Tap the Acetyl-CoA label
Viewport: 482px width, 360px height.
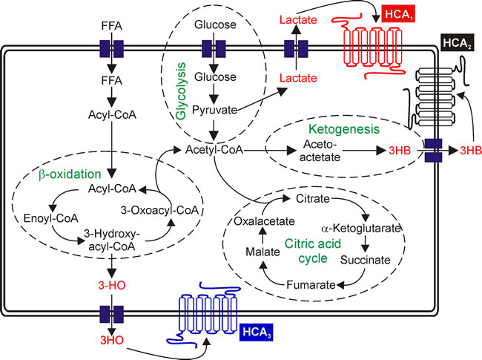[213, 150]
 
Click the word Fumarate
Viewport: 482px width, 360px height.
[315, 283]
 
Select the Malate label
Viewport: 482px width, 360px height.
[263, 253]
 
